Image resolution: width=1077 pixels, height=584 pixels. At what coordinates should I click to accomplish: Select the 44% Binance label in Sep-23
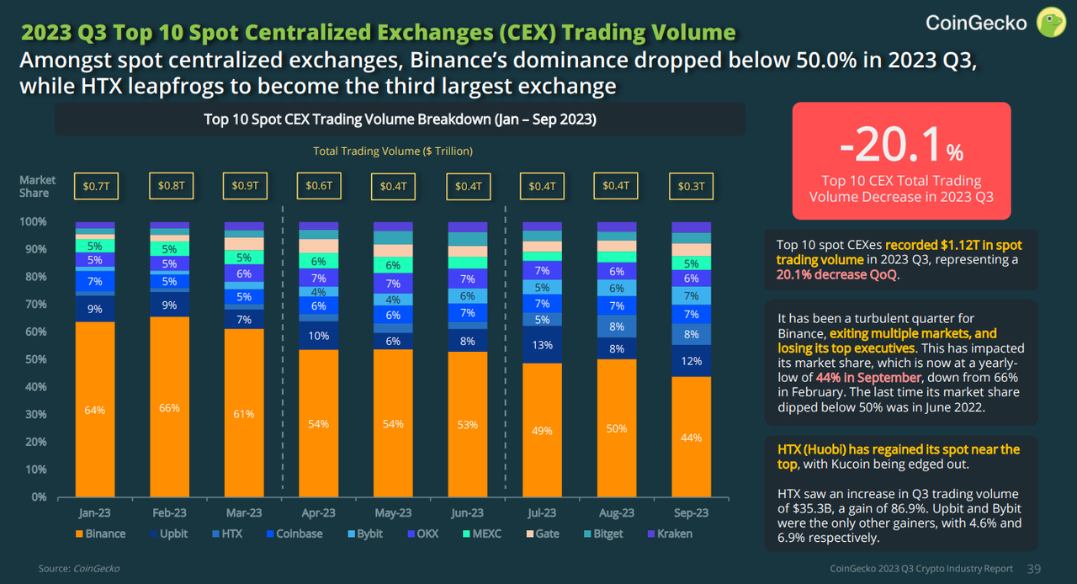click(x=691, y=438)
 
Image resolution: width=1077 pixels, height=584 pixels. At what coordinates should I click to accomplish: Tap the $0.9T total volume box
click(x=243, y=186)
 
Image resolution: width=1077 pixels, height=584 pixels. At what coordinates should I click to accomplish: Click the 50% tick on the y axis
click(x=35, y=359)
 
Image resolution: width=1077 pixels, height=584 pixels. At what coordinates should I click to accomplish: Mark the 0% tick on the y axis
click(x=39, y=496)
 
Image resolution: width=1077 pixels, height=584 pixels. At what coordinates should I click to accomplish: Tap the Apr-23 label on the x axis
click(x=318, y=512)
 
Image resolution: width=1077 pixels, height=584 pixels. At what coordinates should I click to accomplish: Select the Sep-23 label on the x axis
click(x=691, y=512)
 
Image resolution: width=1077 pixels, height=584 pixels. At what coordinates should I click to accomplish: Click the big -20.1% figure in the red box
click(x=901, y=148)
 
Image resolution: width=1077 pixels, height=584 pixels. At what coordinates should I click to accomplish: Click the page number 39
click(x=1034, y=569)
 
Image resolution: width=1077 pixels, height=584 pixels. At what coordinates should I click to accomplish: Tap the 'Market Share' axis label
click(x=38, y=186)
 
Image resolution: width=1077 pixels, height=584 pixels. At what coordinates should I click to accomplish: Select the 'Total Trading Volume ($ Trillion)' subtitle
click(x=393, y=151)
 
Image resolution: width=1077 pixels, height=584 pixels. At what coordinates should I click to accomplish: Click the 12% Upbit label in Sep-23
click(x=691, y=361)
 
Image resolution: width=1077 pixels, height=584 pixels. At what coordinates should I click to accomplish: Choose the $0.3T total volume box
click(x=691, y=186)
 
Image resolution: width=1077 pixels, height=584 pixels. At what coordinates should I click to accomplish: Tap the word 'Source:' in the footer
click(x=54, y=569)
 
